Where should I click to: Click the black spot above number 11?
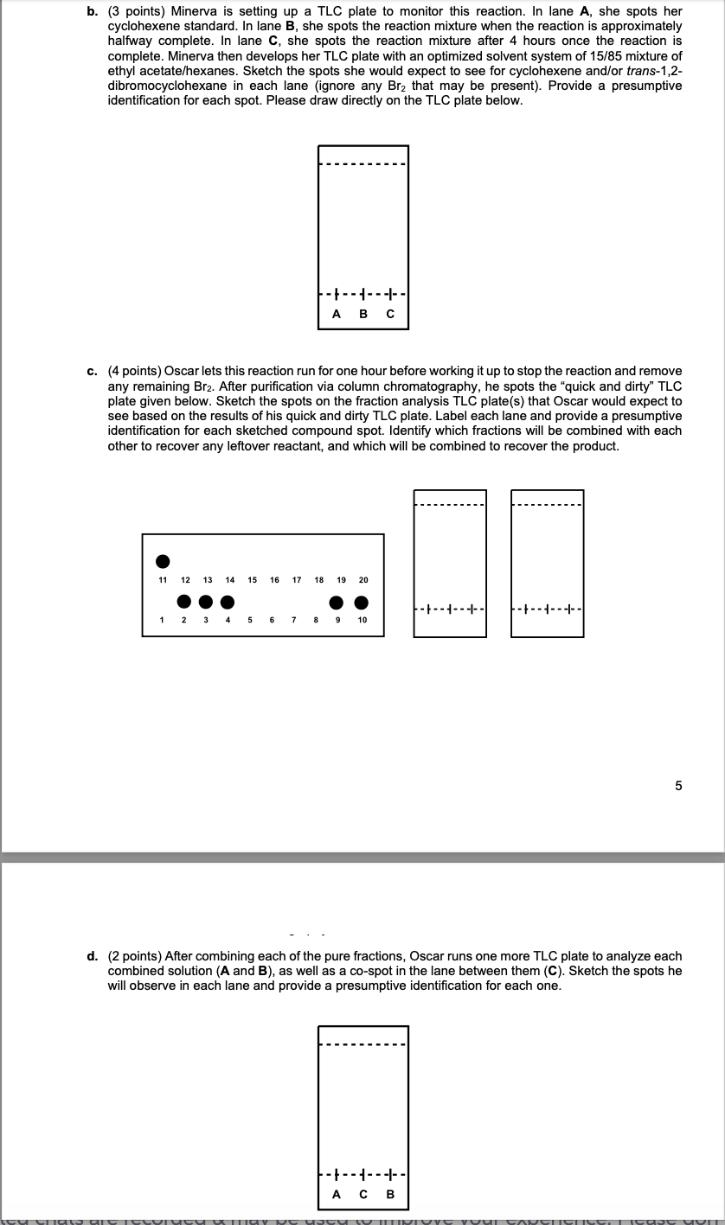click(162, 562)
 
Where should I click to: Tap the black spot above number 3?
click(206, 602)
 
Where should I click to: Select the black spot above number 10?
click(362, 602)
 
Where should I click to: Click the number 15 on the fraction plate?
click(252, 580)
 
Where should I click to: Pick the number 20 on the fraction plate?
click(362, 580)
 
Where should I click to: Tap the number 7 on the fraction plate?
click(294, 620)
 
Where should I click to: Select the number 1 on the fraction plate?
click(162, 620)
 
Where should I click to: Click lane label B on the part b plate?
click(363, 315)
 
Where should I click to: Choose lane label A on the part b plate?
click(337, 315)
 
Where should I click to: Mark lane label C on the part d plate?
click(363, 1196)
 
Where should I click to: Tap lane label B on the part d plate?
click(390, 1196)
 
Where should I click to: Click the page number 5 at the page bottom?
click(678, 786)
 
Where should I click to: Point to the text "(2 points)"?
click(135, 956)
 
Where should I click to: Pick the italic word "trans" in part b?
click(638, 70)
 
